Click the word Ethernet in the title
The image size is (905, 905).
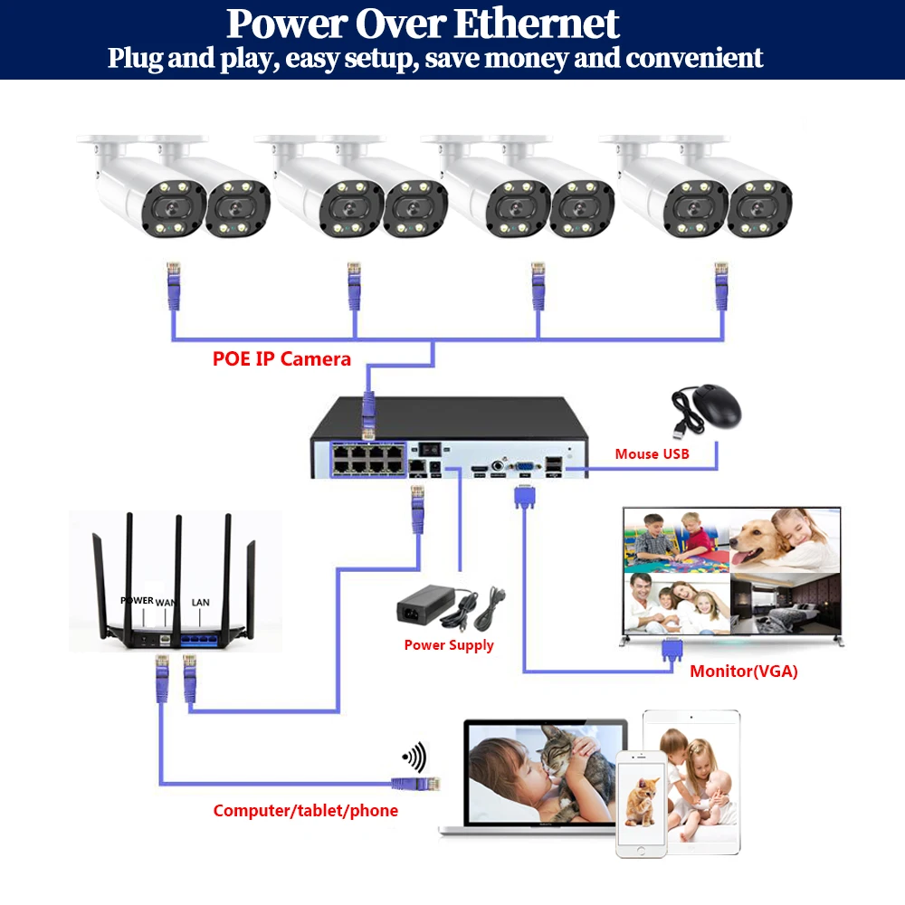tap(536, 24)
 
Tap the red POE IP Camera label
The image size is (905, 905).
tap(281, 358)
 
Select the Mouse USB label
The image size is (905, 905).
tap(652, 453)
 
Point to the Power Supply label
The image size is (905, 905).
tap(449, 645)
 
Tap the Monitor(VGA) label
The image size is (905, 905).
tap(744, 672)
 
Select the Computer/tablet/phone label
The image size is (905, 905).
tap(305, 810)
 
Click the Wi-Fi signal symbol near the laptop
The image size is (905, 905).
tap(414, 757)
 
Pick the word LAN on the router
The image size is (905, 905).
tap(200, 601)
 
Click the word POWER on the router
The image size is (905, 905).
tap(137, 600)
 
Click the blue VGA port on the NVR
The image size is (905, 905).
tap(524, 469)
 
